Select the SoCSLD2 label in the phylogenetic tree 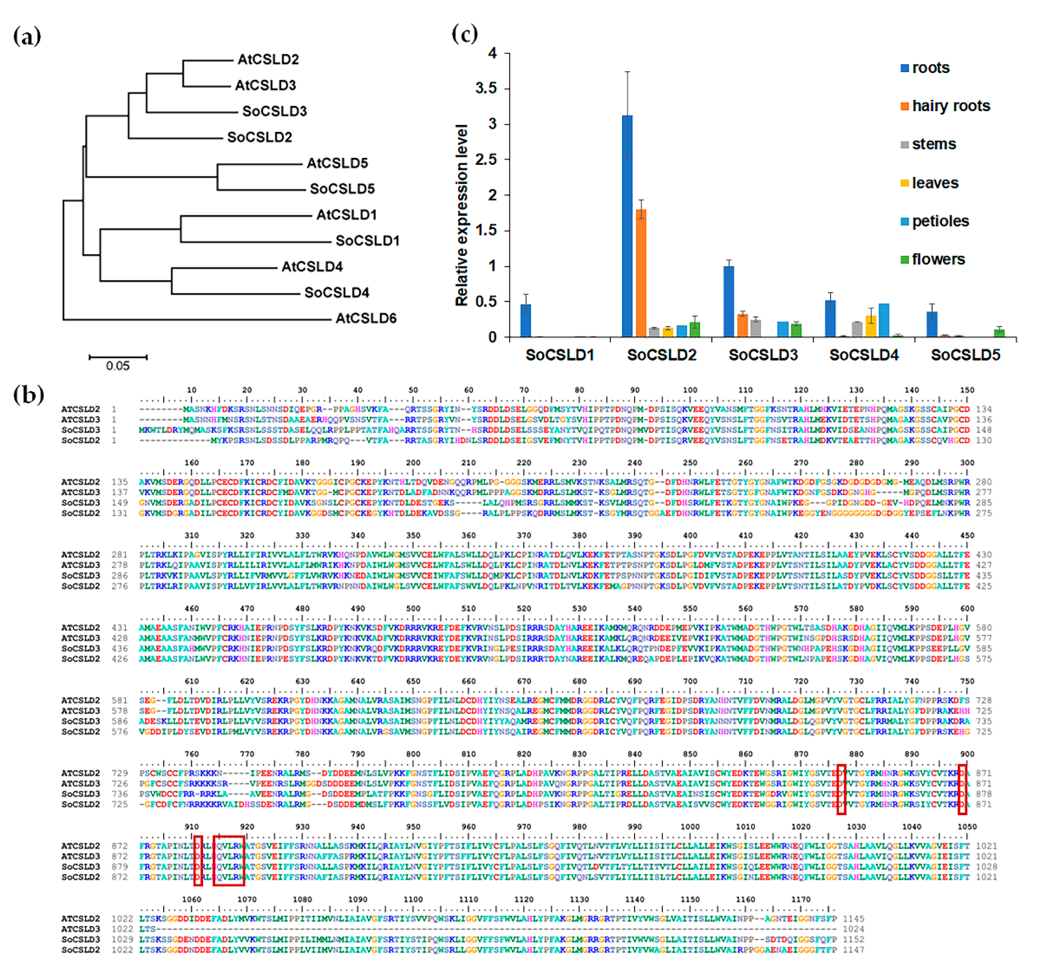coord(259,137)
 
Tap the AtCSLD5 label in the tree coord(337,163)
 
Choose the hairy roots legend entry coord(950,106)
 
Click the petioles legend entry coord(940,221)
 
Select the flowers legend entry coord(938,259)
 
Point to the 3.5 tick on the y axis coord(485,88)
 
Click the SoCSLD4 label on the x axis coord(864,355)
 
